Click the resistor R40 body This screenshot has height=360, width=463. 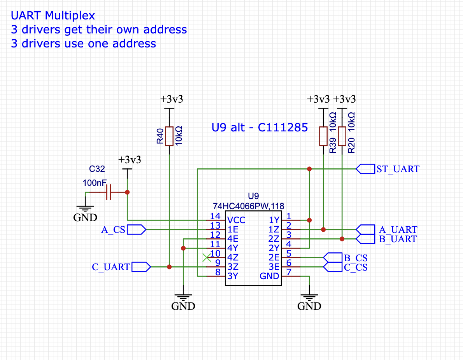[x=169, y=136]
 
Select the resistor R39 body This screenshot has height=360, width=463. [x=323, y=136]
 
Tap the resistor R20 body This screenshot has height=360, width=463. [x=342, y=136]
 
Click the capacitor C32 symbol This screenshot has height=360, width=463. [x=109, y=192]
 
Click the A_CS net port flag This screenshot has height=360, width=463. [x=137, y=230]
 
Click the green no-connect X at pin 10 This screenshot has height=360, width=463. [x=207, y=258]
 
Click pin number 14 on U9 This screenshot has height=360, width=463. [x=215, y=216]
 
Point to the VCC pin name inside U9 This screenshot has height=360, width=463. [x=236, y=220]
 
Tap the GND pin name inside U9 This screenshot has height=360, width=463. [x=269, y=276]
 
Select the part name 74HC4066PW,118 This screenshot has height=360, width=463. [x=248, y=206]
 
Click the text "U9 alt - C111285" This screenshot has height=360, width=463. [x=260, y=128]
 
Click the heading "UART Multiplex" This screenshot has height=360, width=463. [x=53, y=16]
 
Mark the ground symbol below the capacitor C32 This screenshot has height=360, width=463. [x=85, y=209]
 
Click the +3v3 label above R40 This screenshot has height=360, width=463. [x=172, y=99]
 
